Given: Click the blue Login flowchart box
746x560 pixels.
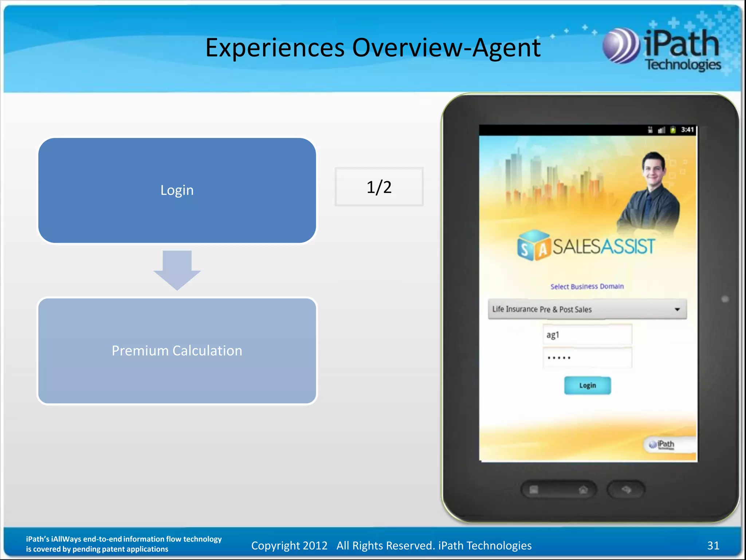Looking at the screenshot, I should coord(177,190).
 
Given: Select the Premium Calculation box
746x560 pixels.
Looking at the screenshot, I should coord(177,351).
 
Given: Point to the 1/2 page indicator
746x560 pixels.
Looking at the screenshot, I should coord(379,187).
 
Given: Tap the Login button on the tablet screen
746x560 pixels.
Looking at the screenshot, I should coord(587,385).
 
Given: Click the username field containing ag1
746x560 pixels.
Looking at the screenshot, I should coord(587,335).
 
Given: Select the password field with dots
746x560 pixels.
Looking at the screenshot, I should coord(587,358).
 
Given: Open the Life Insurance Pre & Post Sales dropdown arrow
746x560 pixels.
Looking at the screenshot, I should coord(677,310).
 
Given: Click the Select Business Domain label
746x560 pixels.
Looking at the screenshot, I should coord(587,287).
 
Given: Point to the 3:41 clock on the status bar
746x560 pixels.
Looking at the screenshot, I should coord(687,130).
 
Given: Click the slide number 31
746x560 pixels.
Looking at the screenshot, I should coord(713,545).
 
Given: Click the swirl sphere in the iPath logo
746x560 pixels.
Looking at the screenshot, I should coord(621,46).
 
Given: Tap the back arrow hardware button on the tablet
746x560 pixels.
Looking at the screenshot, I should coord(626,489).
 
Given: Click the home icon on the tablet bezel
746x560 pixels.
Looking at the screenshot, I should coord(583,490).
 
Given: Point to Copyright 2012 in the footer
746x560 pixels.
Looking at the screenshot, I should coord(289,545).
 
